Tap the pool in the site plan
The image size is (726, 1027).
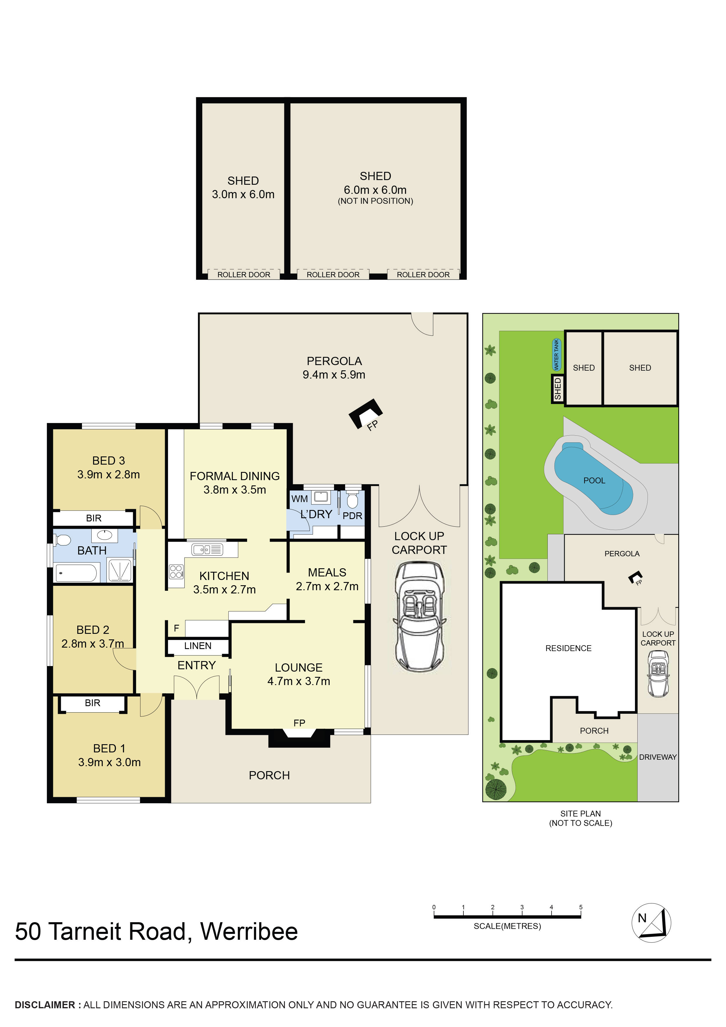coord(594,480)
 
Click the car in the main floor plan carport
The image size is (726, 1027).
coord(419,617)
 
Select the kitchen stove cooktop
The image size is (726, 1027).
coord(176,571)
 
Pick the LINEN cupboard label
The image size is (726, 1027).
coord(198,646)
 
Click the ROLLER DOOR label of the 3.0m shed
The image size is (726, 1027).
coord(244,275)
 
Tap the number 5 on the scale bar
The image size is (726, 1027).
coord(581,907)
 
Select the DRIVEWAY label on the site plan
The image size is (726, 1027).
coord(657,757)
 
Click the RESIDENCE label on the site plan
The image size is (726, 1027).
coord(568,648)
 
